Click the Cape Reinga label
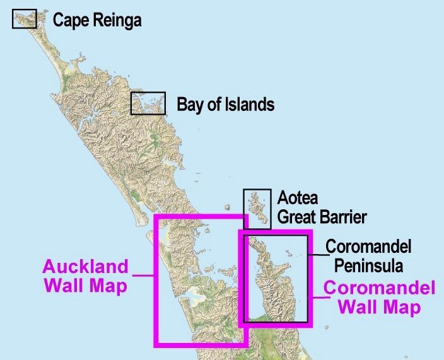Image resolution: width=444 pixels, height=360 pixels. [97, 20]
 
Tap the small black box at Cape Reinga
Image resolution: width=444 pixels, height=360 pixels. [25, 20]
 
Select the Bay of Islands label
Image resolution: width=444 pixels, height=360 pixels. [225, 104]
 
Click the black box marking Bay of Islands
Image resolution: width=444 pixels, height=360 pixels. [148, 103]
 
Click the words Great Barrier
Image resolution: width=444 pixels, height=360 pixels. [322, 218]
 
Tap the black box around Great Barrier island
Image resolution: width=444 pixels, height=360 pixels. [257, 209]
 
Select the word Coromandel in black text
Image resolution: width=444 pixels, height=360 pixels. [368, 246]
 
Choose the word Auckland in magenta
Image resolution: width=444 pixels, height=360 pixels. [85, 267]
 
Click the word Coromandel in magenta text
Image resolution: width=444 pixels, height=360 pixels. [379, 289]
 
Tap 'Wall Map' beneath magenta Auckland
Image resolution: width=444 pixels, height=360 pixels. [85, 286]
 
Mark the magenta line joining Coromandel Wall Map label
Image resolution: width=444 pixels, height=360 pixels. [318, 298]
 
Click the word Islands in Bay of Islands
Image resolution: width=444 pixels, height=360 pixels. [248, 104]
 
